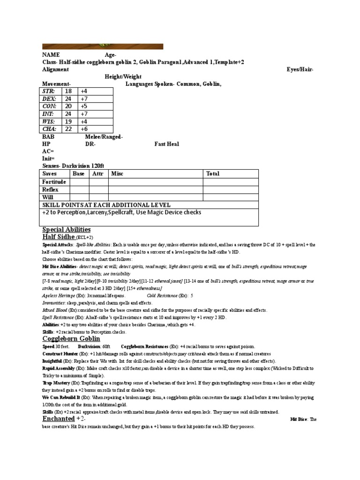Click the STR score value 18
(x=68, y=91)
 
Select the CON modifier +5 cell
(x=84, y=106)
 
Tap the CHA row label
(x=49, y=129)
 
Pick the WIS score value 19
(x=68, y=121)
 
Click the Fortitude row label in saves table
(x=54, y=181)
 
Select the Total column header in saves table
(x=213, y=173)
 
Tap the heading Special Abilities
(x=66, y=230)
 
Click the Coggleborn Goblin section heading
(x=71, y=338)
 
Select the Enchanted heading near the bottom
(x=59, y=419)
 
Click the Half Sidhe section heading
(x=59, y=238)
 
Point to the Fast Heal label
(x=167, y=144)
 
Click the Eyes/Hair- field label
(x=300, y=69)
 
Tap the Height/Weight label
(x=123, y=76)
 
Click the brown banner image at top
(x=103, y=46)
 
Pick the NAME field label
(x=51, y=55)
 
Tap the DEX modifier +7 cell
(x=84, y=99)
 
